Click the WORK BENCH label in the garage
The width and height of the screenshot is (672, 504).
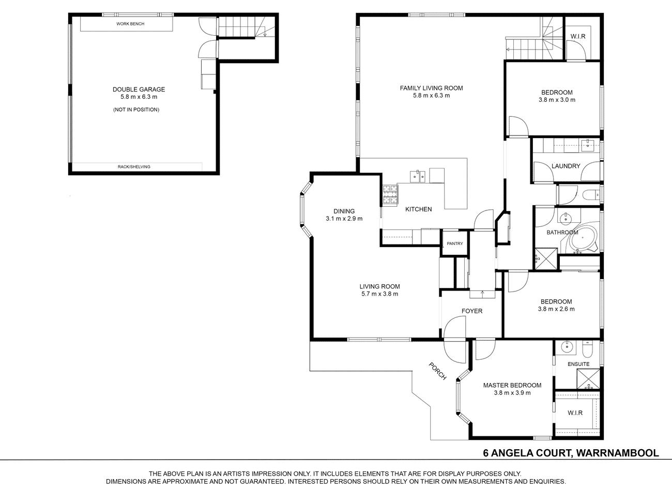pyautogui.click(x=130, y=24)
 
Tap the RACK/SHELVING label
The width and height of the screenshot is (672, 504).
pyautogui.click(x=134, y=167)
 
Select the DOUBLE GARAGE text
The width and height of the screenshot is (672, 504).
pyautogui.click(x=139, y=89)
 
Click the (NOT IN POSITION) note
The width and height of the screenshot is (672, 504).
pyautogui.click(x=136, y=110)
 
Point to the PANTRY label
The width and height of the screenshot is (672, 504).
pyautogui.click(x=454, y=243)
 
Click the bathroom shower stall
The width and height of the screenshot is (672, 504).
pyautogui.click(x=546, y=258)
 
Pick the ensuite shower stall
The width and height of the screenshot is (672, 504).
pyautogui.click(x=588, y=379)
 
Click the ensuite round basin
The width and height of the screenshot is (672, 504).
pyautogui.click(x=567, y=347)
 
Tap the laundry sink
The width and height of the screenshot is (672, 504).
pyautogui.click(x=588, y=145)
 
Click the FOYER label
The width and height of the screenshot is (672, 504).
pyautogui.click(x=472, y=311)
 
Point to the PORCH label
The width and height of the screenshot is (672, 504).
pyautogui.click(x=437, y=371)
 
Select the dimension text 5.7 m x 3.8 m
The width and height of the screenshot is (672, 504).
pyautogui.click(x=379, y=294)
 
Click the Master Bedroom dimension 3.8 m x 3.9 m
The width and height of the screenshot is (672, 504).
pyautogui.click(x=512, y=393)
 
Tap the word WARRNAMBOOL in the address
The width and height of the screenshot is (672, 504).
pyautogui.click(x=618, y=453)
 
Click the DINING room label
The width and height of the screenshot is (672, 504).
pyautogui.click(x=344, y=211)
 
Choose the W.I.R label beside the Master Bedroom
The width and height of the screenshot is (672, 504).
pyautogui.click(x=575, y=413)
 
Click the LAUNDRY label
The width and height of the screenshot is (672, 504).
pyautogui.click(x=566, y=166)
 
